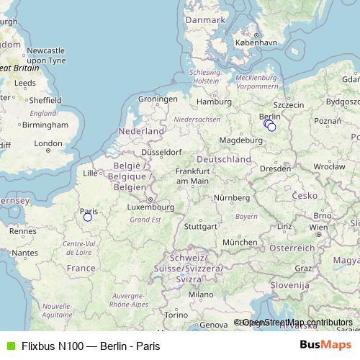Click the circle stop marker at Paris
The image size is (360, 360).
click(88, 217)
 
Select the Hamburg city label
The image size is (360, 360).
click(214, 102)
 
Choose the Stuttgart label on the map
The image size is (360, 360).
click(200, 226)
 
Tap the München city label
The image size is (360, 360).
click(240, 243)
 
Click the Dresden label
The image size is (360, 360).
click(276, 168)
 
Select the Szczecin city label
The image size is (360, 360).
click(289, 104)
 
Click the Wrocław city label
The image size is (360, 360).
click(330, 166)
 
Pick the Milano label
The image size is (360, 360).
click(201, 294)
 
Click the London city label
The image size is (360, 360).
click(48, 143)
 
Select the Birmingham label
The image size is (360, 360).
click(44, 125)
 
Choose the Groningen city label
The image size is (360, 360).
click(158, 99)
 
